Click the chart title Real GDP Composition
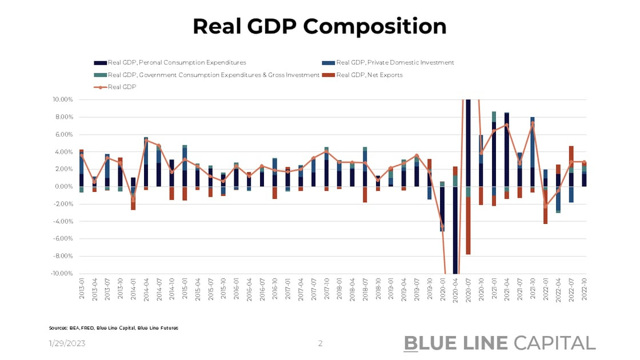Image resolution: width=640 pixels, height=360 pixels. (319, 26)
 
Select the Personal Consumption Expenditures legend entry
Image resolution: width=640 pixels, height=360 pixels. (177, 63)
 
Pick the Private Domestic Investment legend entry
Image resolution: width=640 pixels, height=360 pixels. (395, 63)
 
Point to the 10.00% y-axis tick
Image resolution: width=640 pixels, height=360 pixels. (63, 99)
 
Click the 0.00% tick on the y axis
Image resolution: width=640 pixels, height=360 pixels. (64, 186)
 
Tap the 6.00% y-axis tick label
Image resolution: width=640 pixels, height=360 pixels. (64, 134)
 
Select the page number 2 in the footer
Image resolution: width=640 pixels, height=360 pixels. (320, 343)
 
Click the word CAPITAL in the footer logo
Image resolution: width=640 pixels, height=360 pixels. (554, 343)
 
